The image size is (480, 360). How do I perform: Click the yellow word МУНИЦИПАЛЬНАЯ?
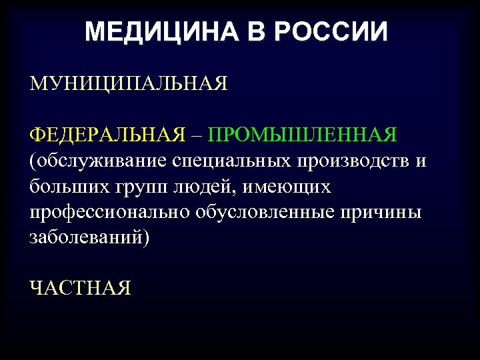(129, 84)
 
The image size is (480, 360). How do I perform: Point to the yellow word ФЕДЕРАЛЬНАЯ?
(107, 135)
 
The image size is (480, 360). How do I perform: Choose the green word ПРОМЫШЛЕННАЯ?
(303, 135)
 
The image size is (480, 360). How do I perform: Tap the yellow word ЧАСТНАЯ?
(80, 288)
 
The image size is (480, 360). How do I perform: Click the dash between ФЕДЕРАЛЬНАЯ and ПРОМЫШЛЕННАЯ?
(197, 136)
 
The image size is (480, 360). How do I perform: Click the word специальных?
(231, 161)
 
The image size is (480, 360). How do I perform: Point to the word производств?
(351, 161)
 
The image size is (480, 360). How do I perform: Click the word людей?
(194, 187)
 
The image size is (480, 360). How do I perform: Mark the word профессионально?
(110, 213)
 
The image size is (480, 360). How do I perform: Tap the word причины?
(384, 213)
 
